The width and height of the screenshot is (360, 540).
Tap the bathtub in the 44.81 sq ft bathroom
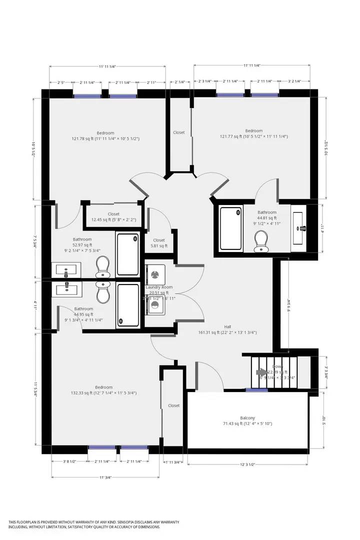click(231, 228)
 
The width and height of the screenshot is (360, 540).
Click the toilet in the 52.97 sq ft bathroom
click(103, 266)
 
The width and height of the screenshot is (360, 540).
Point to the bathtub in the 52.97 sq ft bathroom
click(128, 254)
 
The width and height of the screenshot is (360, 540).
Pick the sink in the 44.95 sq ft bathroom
click(66, 288)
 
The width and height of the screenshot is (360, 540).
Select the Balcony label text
click(247, 418)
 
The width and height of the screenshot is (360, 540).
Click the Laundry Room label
click(159, 287)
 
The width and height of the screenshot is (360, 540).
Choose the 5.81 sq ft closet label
click(159, 240)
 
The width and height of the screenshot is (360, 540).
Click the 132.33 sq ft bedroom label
click(104, 387)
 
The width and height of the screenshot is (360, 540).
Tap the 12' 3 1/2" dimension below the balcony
click(248, 465)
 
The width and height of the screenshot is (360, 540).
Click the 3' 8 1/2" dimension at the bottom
click(69, 461)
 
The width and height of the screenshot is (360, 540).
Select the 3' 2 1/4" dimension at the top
click(294, 81)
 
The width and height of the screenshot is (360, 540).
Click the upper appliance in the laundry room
click(154, 274)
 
